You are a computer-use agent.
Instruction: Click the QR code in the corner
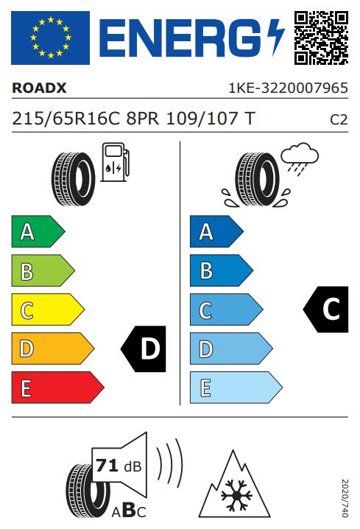[321, 38]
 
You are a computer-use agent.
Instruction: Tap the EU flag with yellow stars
[50, 38]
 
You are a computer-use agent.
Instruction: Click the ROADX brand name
[39, 88]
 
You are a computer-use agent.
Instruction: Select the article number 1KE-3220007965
[288, 88]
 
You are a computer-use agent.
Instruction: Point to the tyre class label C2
[339, 120]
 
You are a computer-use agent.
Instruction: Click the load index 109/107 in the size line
[202, 119]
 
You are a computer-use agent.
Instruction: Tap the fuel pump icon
[115, 162]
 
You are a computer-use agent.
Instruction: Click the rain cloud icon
[300, 158]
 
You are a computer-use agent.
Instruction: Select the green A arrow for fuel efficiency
[38, 231]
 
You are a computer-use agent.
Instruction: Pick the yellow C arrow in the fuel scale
[48, 309]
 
